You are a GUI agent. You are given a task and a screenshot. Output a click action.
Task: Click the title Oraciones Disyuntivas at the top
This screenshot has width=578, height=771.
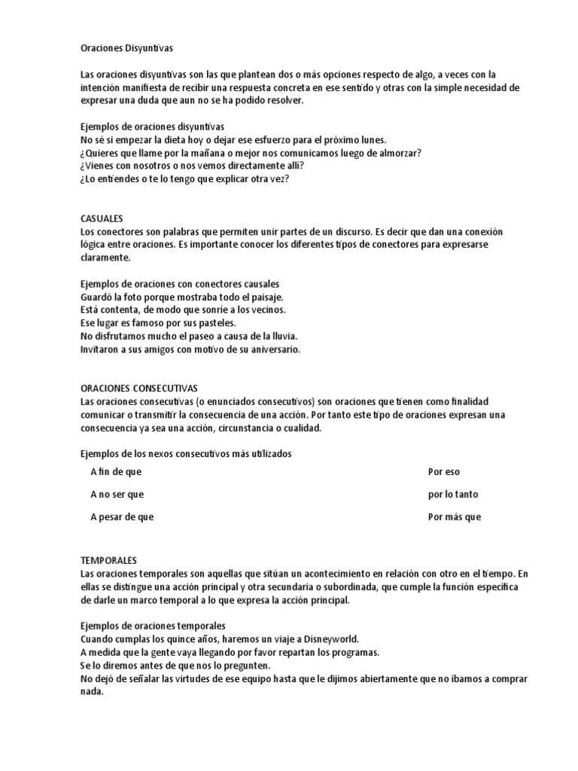click(x=126, y=48)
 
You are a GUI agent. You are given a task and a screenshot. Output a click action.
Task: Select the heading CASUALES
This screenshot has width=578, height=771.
click(x=102, y=218)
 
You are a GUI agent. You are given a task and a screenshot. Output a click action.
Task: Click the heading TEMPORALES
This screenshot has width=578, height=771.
click(x=108, y=561)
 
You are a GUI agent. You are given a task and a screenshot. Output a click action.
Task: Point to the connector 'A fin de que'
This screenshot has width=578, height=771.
click(x=116, y=472)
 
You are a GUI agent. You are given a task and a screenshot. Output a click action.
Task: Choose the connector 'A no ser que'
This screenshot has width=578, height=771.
click(x=117, y=495)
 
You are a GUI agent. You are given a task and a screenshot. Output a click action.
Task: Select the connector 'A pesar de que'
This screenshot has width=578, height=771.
click(x=121, y=517)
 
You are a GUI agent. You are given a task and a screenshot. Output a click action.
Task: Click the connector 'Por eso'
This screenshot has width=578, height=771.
click(x=443, y=472)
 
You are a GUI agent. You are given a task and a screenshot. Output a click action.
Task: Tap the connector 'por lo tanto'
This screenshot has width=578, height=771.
click(x=453, y=495)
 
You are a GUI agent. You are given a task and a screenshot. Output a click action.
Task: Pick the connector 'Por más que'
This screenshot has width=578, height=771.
click(x=454, y=517)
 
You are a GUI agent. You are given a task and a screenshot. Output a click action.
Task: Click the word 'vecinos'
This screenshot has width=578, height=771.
click(x=267, y=310)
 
